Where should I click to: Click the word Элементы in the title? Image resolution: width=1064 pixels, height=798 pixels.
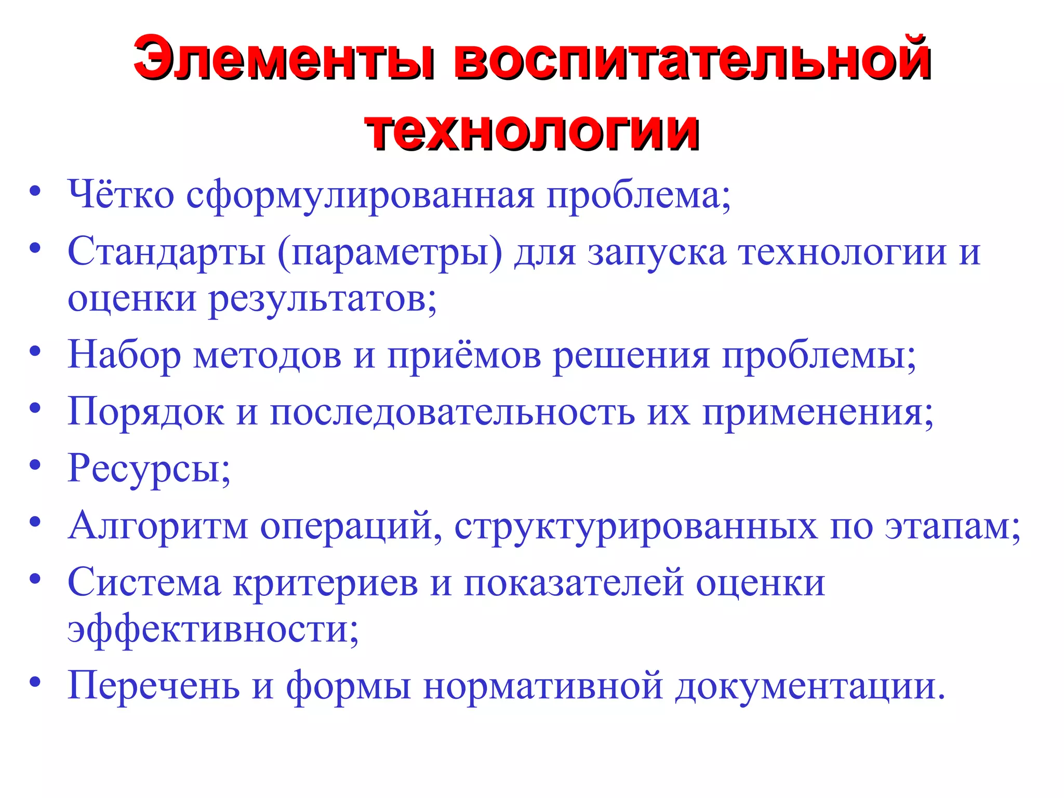coord(284,59)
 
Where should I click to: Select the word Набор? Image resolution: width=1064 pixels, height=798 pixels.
coord(124,355)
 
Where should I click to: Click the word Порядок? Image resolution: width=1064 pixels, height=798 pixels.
coord(146,413)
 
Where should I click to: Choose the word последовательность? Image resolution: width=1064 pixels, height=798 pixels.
coord(453,413)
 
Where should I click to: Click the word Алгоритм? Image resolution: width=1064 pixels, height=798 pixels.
coord(158,526)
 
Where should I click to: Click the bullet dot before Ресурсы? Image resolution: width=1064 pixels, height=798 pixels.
coord(35,465)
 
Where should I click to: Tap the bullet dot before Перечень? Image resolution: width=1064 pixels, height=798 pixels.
coord(35,682)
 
